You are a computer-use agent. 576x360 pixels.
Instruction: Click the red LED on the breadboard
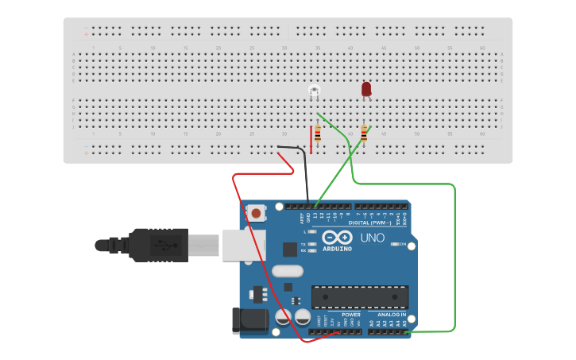tap(366, 88)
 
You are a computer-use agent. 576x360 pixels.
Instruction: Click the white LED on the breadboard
tap(315, 91)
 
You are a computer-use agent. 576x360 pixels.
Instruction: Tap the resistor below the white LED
tap(318, 133)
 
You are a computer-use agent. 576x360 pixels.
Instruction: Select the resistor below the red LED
tap(364, 134)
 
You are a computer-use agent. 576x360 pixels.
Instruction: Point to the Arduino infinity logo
tap(337, 237)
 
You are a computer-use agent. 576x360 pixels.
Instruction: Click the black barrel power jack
tap(247, 319)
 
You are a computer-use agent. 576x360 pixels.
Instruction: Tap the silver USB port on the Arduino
tap(243, 245)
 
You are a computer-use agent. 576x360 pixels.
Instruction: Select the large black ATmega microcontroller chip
tap(360, 296)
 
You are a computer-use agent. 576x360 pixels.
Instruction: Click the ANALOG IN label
tap(391, 315)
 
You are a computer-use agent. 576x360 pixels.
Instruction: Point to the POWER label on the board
tap(350, 315)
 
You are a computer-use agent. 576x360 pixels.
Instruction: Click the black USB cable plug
tap(159, 245)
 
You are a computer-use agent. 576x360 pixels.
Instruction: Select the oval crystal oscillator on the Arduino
tap(287, 271)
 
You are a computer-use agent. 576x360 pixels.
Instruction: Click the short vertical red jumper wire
tap(311, 139)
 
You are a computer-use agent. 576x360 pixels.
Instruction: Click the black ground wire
tap(306, 175)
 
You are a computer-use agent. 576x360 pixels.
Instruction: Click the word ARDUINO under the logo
tap(337, 249)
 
